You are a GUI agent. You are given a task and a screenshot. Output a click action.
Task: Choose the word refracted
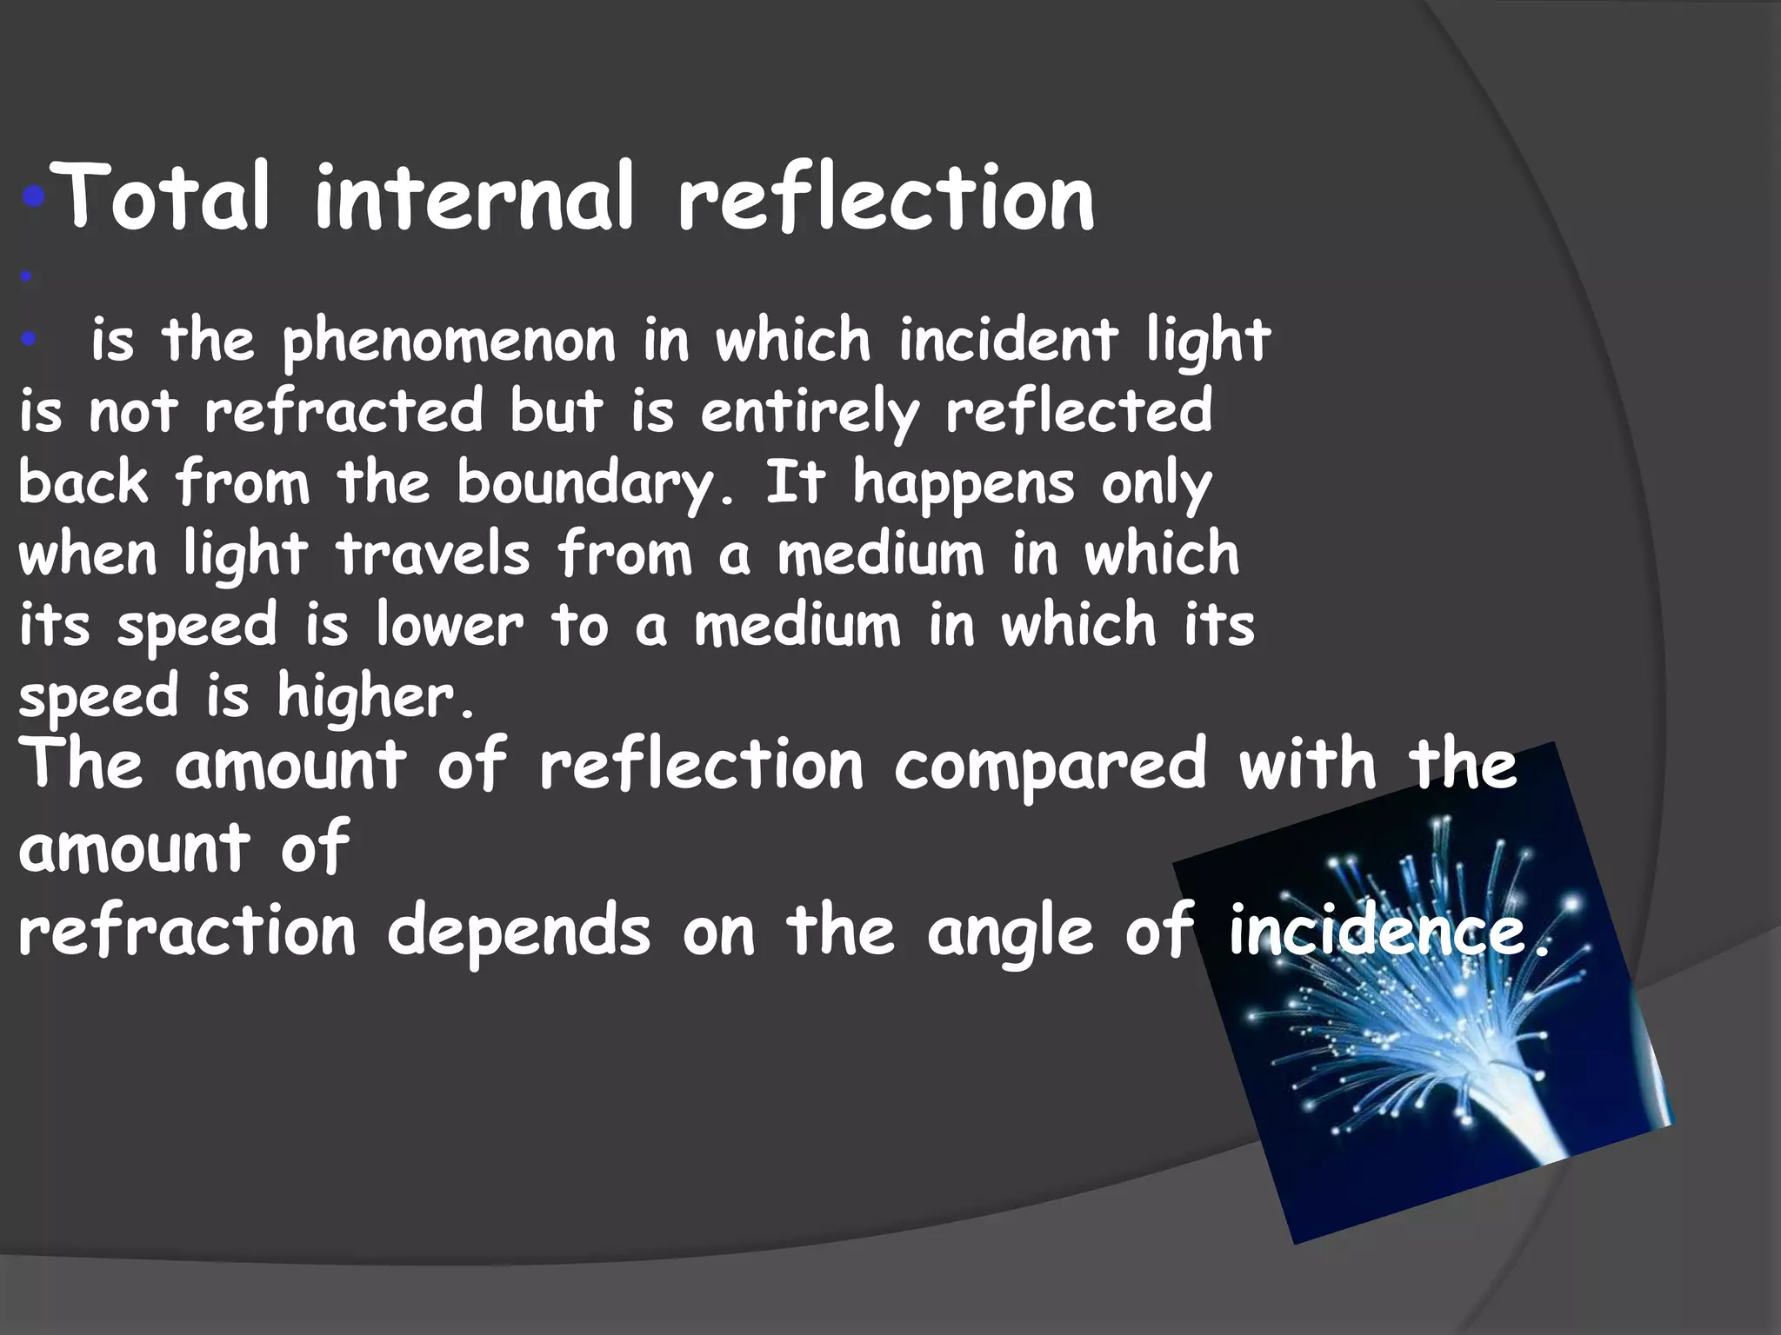point(344,411)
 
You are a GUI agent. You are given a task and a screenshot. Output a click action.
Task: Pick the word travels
point(433,555)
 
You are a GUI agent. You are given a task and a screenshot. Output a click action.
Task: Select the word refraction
point(187,932)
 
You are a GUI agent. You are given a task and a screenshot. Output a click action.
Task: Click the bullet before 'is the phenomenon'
point(28,342)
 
